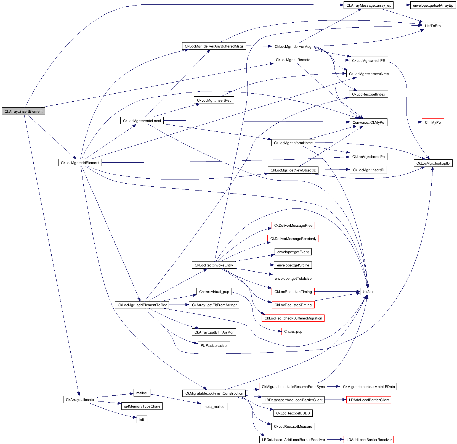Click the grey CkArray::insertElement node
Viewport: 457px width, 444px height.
[x=23, y=111]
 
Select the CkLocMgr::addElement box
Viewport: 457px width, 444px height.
[x=80, y=163]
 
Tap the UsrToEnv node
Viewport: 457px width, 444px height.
[x=433, y=26]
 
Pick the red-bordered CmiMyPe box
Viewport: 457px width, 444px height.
[x=433, y=122]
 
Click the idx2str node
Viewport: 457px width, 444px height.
[x=368, y=292]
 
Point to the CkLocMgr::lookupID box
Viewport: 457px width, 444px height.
[x=433, y=163]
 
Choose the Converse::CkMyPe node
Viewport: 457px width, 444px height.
[x=368, y=122]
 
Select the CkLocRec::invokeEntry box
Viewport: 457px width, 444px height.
[x=214, y=265]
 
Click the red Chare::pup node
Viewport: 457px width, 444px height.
[x=293, y=331]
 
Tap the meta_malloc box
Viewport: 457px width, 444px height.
[x=214, y=406]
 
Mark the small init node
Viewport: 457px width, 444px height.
[x=142, y=419]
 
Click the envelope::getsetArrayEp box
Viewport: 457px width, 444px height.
[x=433, y=5]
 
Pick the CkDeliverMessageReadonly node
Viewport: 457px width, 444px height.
[x=293, y=239]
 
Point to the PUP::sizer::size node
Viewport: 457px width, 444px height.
[x=214, y=345]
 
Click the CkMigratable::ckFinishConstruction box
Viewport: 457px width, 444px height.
[x=214, y=393]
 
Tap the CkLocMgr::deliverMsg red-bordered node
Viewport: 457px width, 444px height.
[x=293, y=46]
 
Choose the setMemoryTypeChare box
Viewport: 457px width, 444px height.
[x=142, y=406]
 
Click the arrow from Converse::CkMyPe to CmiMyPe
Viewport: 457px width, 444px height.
[x=405, y=122]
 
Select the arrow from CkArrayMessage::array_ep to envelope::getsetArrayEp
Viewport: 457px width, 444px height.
[x=402, y=5]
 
